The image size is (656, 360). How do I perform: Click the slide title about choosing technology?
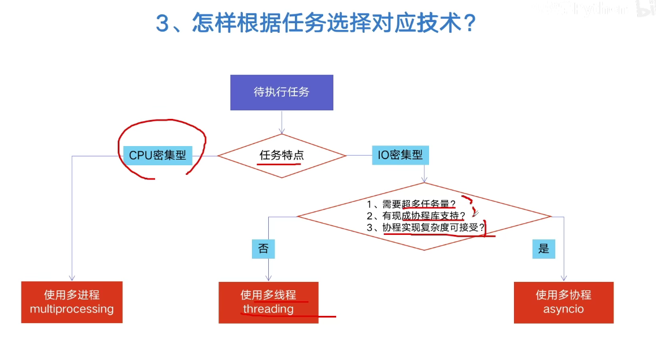316,23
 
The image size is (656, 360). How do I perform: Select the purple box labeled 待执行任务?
281,92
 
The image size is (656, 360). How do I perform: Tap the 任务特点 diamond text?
281,155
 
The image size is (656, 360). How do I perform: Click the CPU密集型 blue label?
158,155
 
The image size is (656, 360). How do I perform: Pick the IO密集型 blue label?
400,155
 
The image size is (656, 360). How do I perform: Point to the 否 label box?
263,248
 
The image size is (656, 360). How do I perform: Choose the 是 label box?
543,248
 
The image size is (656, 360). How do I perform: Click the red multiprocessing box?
72,302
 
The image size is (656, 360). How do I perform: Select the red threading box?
269,302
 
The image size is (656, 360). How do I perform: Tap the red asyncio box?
564,302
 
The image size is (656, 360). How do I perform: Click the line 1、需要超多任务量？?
411,204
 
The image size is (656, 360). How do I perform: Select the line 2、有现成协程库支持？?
416,216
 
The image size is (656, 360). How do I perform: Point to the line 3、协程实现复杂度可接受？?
426,228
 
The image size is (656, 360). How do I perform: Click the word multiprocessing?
72,309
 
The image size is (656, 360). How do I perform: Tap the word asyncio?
564,309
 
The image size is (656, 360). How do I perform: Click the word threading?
269,309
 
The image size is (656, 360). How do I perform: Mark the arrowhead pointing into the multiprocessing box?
72,278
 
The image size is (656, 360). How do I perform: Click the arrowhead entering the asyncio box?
564,278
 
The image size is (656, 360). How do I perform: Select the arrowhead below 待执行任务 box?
281,131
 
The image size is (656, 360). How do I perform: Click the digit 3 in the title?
162,23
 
